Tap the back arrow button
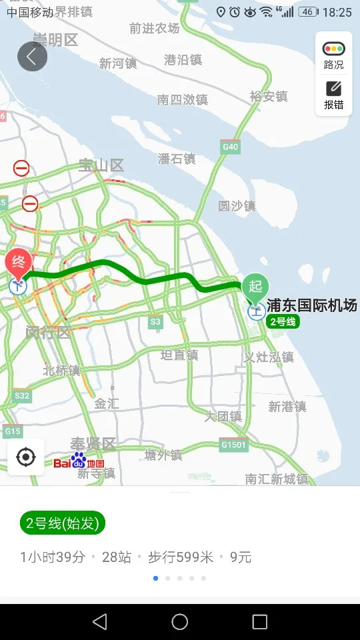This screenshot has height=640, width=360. [x=32, y=57]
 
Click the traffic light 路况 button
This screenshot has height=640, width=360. [x=333, y=55]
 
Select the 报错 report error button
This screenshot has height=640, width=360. [x=333, y=95]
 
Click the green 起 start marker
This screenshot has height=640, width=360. [x=255, y=287]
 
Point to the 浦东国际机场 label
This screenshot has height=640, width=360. [x=312, y=306]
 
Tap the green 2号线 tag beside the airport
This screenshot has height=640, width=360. [x=283, y=321]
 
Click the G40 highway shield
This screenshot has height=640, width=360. [x=230, y=147]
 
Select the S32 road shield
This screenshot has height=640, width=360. [x=22, y=396]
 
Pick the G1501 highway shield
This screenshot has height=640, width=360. [x=233, y=444]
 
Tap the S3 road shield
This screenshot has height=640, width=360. [x=155, y=322]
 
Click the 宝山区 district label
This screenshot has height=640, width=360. [x=101, y=165]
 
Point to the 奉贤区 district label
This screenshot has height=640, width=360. [x=93, y=443]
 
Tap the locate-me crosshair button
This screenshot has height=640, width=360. [x=26, y=457]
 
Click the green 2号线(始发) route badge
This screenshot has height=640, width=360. [x=63, y=523]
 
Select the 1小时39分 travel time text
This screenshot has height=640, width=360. [x=53, y=557]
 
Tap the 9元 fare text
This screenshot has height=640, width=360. [x=241, y=557]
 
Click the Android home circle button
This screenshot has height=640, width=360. [x=180, y=622]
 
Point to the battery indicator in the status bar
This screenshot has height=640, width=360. [x=308, y=12]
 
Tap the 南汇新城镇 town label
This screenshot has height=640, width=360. [x=276, y=479]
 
